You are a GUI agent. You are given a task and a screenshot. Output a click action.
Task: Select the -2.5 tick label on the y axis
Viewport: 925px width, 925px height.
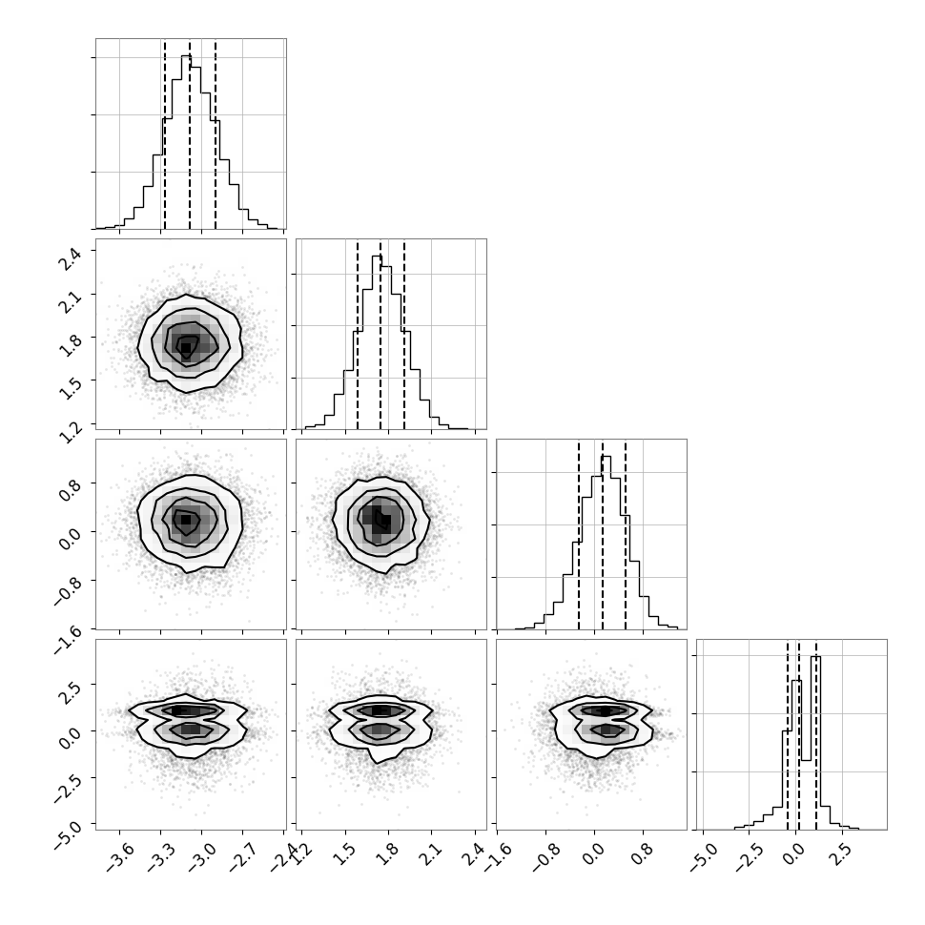pyautogui.click(x=67, y=787)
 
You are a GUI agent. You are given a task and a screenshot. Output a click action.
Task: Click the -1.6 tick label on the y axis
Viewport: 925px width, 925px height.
pyautogui.click(x=67, y=639)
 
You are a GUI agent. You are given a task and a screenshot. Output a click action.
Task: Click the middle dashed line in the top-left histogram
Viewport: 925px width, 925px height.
pyautogui.click(x=190, y=134)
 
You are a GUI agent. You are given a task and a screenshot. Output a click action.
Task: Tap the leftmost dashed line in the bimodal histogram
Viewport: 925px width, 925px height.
pyautogui.click(x=787, y=735)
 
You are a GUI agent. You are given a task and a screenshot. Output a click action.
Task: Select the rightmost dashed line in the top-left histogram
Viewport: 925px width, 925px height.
pyautogui.click(x=216, y=134)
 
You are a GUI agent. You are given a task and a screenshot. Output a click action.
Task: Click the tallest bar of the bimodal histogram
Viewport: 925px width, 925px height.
pyautogui.click(x=815, y=743)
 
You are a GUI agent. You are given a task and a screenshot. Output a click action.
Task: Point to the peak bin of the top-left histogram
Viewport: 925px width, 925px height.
pyautogui.click(x=186, y=141)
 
